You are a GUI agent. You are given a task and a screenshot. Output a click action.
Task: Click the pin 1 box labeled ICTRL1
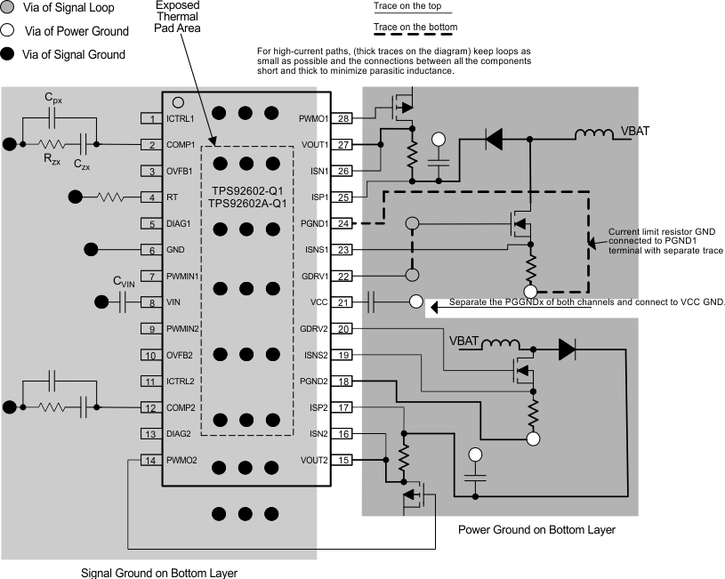click(152, 118)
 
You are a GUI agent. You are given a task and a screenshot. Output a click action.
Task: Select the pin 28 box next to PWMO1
click(343, 118)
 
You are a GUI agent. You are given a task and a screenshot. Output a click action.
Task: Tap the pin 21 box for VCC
click(343, 302)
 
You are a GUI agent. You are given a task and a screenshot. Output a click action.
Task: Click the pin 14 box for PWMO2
click(152, 460)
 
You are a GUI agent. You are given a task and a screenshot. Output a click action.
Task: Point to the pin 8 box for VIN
click(152, 302)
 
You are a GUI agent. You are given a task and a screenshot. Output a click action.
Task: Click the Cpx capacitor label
click(53, 101)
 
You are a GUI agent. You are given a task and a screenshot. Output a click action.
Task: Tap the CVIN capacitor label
click(124, 282)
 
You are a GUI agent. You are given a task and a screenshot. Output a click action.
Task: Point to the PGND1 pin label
click(314, 223)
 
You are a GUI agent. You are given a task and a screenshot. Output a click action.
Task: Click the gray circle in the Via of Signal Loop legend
click(10, 8)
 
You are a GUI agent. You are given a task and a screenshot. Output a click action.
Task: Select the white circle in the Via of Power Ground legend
click(10, 31)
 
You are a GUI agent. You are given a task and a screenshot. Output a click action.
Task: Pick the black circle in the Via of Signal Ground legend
click(10, 54)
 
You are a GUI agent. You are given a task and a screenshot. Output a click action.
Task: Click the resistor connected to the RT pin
click(111, 197)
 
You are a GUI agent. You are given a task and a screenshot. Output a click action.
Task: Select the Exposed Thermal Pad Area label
click(178, 16)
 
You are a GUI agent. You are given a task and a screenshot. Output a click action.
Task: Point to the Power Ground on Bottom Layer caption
click(536, 529)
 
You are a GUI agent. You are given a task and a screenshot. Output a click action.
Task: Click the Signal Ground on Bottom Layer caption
click(159, 572)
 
